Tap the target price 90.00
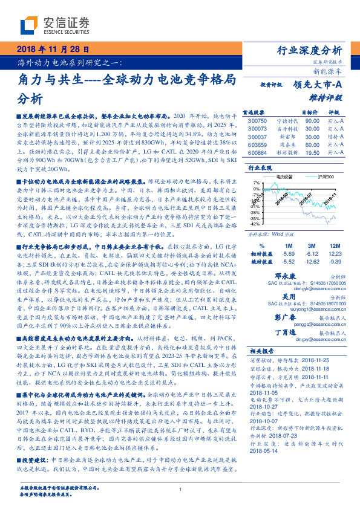[x=313, y=120]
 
